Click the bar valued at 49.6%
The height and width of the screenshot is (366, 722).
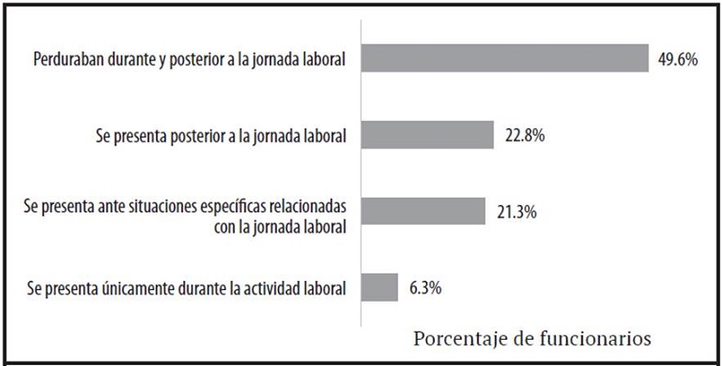504,59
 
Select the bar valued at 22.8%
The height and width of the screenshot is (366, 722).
427,135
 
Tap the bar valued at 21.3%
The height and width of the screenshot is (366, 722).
422,211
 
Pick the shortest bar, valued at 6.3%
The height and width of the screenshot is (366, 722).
379,287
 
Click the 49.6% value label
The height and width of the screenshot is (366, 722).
677,60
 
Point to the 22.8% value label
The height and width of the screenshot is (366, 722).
521,136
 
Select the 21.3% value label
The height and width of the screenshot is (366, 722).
513,211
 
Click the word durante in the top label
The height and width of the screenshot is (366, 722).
140,60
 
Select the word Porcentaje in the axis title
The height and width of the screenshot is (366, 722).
450,340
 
